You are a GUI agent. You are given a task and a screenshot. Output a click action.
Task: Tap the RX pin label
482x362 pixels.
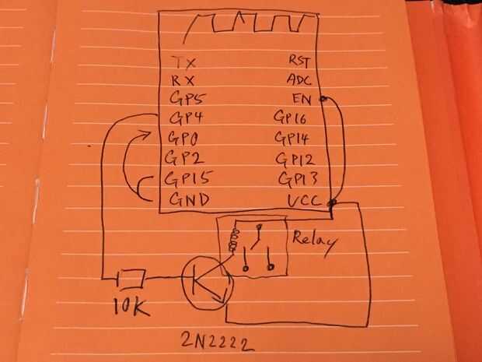coord(183,80)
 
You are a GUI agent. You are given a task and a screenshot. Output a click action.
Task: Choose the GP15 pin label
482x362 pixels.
coord(189,177)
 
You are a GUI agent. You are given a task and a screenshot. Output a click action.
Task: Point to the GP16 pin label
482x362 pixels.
coord(292,118)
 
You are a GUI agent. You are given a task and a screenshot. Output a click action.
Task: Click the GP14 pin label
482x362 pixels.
coord(293,139)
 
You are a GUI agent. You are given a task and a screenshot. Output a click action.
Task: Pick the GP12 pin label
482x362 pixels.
coord(294,160)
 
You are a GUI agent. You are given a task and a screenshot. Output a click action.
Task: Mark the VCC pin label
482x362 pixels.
coord(303,200)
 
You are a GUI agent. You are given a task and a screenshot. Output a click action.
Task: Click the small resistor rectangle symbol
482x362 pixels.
coord(131,276)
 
